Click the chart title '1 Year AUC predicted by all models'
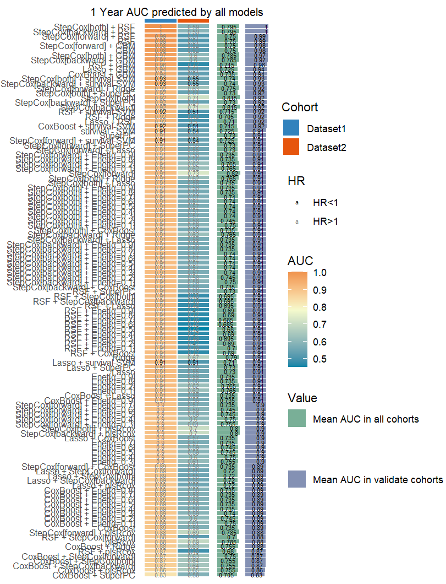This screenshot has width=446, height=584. point(177,12)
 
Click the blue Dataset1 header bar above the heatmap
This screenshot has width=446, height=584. point(161,21)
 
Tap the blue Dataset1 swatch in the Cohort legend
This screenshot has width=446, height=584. point(291,128)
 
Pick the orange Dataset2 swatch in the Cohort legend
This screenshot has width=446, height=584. point(291,147)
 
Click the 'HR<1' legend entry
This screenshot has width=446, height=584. point(325,203)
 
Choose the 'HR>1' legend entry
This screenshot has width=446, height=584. point(325,221)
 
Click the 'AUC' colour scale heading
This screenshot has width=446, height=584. point(300,261)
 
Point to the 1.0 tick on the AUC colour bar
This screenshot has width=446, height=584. point(321,273)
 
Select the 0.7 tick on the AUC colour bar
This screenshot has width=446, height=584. point(321,324)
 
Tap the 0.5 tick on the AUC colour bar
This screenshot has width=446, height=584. point(321,359)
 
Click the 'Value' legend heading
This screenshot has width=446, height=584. point(302,398)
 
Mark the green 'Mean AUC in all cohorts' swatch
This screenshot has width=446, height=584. point(297,419)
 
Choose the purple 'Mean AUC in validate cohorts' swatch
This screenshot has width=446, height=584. point(297,479)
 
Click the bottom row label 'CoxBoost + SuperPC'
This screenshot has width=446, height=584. point(94,575)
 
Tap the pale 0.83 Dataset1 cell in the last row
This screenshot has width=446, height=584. point(161,575)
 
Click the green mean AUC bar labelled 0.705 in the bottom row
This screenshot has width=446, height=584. point(226,575)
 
